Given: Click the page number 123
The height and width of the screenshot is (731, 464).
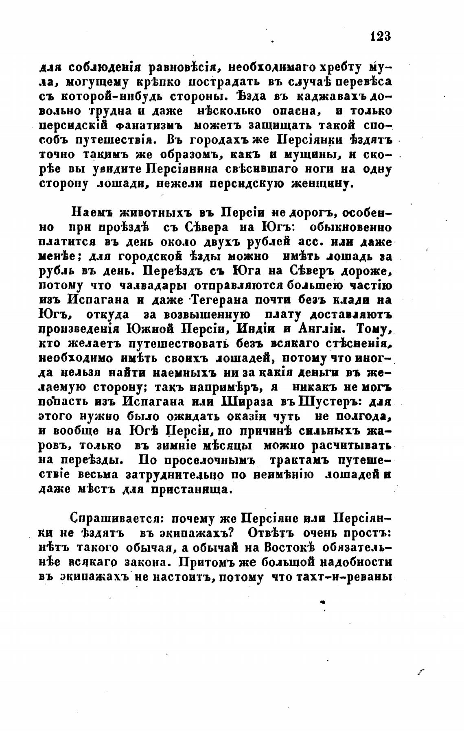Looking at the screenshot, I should [x=381, y=36].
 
